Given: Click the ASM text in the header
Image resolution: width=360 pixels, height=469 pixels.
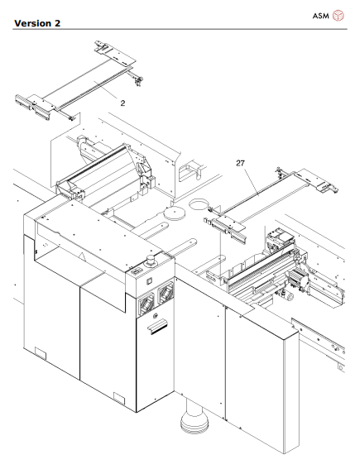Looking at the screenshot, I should (x=322, y=16).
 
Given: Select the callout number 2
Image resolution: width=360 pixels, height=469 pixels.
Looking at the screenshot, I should (x=122, y=104).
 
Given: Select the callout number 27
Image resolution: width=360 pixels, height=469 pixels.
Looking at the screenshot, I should (x=242, y=165).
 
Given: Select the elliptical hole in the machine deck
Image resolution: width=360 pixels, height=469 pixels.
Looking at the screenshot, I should (x=201, y=203).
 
